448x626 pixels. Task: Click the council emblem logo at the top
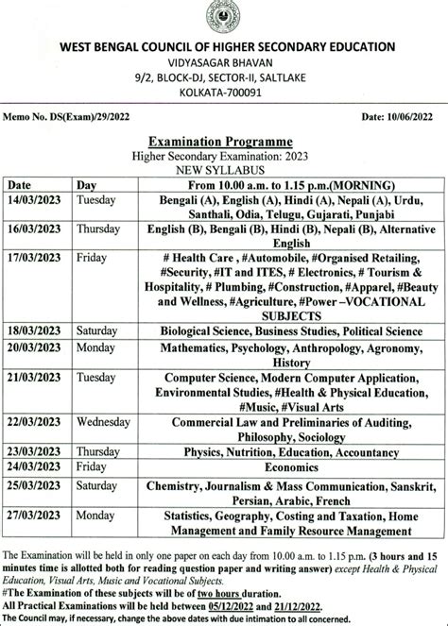[x=223, y=18]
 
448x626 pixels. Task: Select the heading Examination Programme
[x=224, y=139]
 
